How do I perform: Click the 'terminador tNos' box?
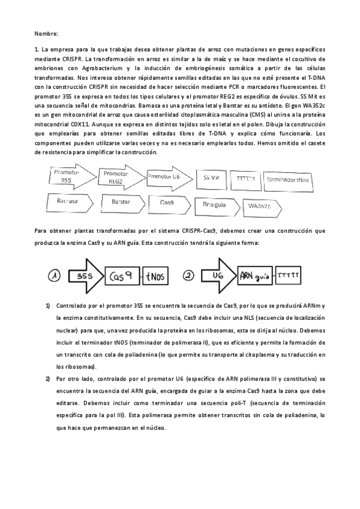pos(288,179)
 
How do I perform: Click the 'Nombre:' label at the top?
pos(45,33)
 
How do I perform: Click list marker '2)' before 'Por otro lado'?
pos(47,379)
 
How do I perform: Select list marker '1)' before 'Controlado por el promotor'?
pos(47,306)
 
